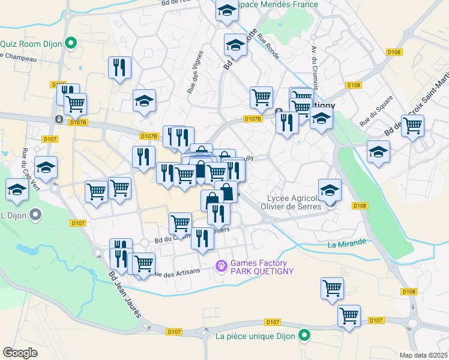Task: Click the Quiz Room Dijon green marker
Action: (71, 43)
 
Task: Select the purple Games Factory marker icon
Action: (221, 264)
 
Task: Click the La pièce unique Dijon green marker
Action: (305, 335)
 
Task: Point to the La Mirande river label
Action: (347, 243)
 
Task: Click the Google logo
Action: (20, 353)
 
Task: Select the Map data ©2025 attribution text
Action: (423, 355)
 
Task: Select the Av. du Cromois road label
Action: (313, 66)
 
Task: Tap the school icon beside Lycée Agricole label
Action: (330, 191)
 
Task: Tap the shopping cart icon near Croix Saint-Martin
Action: (412, 127)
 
